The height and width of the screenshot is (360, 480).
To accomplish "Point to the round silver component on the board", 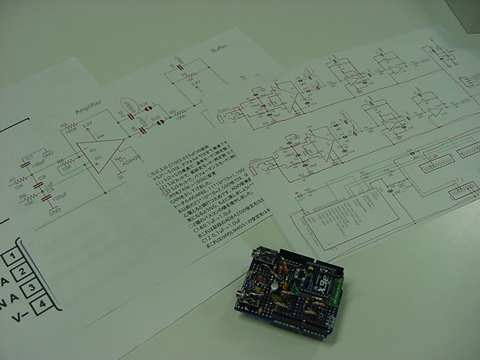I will tap(277, 284).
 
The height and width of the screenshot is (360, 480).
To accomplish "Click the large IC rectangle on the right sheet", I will tap(352, 217).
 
